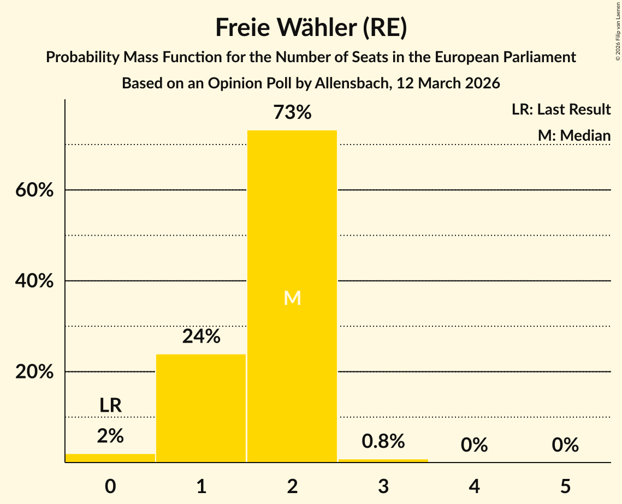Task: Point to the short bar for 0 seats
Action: [x=110, y=458]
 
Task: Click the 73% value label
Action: [x=292, y=113]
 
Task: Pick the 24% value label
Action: [x=201, y=337]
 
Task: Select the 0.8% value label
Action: [x=383, y=441]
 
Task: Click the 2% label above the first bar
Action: [x=110, y=436]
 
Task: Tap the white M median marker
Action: [x=292, y=298]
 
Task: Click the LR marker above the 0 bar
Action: [x=110, y=405]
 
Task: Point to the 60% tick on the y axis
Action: [x=34, y=190]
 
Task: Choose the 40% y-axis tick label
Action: [x=34, y=281]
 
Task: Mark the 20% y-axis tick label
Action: [x=34, y=372]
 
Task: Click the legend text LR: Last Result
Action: [x=561, y=110]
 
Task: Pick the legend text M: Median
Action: [x=573, y=135]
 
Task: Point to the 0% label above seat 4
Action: [x=474, y=446]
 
